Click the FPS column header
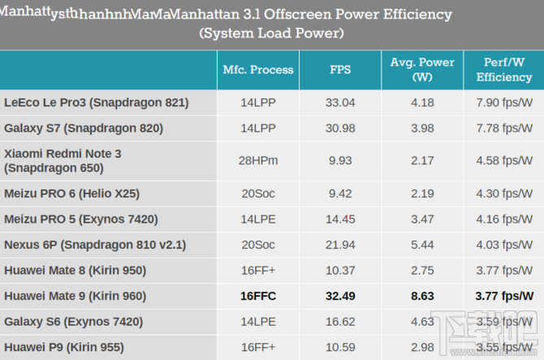tap(340, 70)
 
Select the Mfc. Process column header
tap(258, 70)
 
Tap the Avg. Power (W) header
tap(422, 70)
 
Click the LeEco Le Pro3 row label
tap(97, 102)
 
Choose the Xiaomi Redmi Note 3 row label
tap(63, 161)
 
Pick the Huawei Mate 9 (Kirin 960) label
tap(87, 296)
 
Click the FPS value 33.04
tap(340, 102)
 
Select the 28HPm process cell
tap(258, 161)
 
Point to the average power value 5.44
tap(422, 245)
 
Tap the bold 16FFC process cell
tap(258, 296)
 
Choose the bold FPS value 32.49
tap(340, 296)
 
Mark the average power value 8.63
tap(422, 296)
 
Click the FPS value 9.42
tap(340, 193)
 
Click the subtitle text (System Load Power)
tap(271, 33)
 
